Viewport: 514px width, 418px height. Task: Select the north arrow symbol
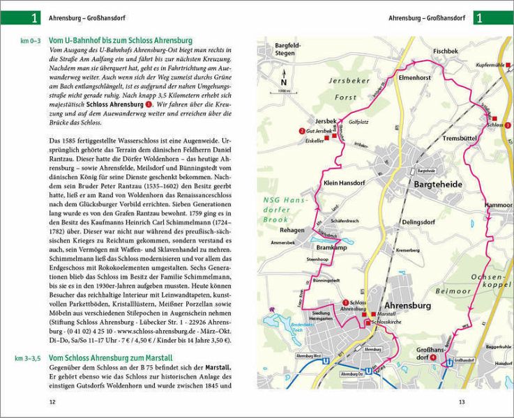click(x=282, y=79)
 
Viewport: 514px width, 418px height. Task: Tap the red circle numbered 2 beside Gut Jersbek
click(x=301, y=130)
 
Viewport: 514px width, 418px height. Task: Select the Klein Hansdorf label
click(x=344, y=183)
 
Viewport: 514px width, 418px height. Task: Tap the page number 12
click(x=52, y=402)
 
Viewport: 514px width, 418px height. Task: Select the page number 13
click(x=462, y=402)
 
